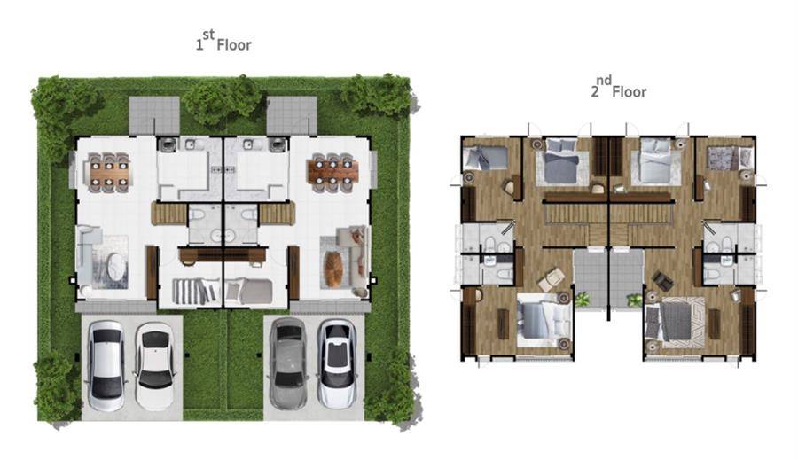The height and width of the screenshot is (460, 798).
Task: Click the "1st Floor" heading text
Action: [x=223, y=41]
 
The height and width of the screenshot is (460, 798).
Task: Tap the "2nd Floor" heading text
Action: [x=619, y=88]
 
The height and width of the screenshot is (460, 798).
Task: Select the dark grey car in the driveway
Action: [x=288, y=363]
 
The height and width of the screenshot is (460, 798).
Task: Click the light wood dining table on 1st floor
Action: [x=109, y=173]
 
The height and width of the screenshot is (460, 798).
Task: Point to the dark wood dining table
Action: [x=332, y=172]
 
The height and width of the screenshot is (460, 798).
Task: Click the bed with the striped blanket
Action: [x=197, y=291]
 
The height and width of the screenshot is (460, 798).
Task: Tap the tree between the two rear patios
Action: [x=222, y=100]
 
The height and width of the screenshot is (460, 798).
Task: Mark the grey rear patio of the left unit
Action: [x=154, y=115]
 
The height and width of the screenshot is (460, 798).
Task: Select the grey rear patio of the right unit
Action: [x=292, y=115]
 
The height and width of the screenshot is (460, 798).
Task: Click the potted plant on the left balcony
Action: [x=581, y=300]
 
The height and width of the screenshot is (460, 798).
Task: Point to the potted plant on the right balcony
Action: [x=635, y=300]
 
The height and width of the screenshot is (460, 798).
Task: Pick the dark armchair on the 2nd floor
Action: [x=662, y=280]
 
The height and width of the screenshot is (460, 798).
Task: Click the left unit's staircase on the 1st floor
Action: [x=169, y=214]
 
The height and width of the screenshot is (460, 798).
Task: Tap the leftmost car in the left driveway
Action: [x=107, y=364]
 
